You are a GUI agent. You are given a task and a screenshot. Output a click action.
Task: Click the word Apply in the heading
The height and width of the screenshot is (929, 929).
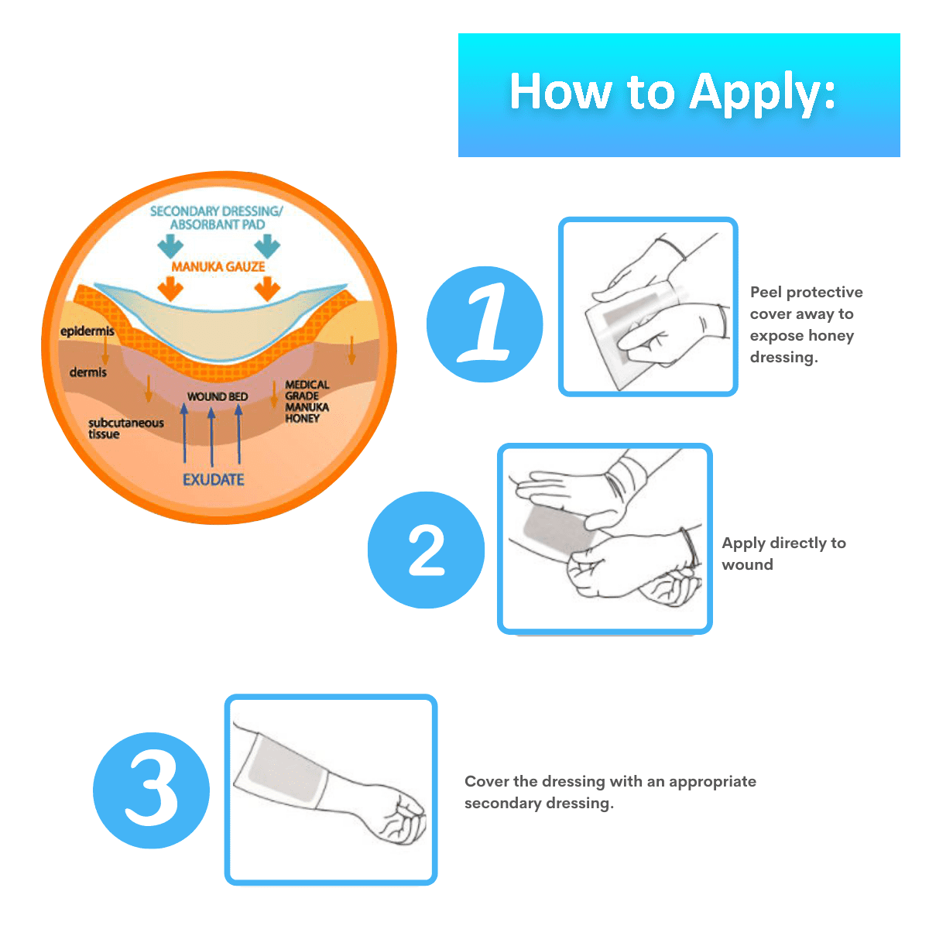coord(762,93)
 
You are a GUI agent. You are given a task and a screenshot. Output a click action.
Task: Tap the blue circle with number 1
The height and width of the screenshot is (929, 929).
coord(485,324)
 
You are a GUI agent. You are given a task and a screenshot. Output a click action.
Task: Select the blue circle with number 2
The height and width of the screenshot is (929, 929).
coord(426,550)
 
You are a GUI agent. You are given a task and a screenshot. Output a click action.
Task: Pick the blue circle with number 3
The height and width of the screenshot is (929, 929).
coord(151,790)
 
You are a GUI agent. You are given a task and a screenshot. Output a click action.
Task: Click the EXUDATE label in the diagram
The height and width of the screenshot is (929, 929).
coord(213,480)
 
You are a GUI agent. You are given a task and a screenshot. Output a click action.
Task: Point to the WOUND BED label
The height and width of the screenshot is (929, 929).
coord(218,396)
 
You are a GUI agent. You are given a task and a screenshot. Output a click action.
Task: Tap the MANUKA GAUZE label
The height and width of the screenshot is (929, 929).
coord(218,266)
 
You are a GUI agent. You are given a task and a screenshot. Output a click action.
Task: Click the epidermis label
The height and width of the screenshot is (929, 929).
coord(87,331)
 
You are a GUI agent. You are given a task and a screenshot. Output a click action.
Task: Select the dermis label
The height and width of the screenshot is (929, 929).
coord(87,372)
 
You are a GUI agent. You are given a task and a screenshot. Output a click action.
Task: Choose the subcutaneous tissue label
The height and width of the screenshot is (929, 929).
coord(126,428)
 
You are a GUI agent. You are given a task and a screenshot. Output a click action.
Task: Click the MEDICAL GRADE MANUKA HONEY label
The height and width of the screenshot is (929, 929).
coord(307,402)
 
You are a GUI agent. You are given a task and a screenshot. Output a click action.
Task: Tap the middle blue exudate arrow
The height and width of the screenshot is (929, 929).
coord(211,437)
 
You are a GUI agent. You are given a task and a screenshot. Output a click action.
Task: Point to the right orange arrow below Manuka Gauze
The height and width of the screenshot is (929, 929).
coord(268,288)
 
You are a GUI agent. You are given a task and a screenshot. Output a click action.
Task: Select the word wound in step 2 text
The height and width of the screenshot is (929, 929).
coord(747,564)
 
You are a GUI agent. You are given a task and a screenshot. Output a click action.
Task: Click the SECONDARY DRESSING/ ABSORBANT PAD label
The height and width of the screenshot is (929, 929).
coord(217,218)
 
